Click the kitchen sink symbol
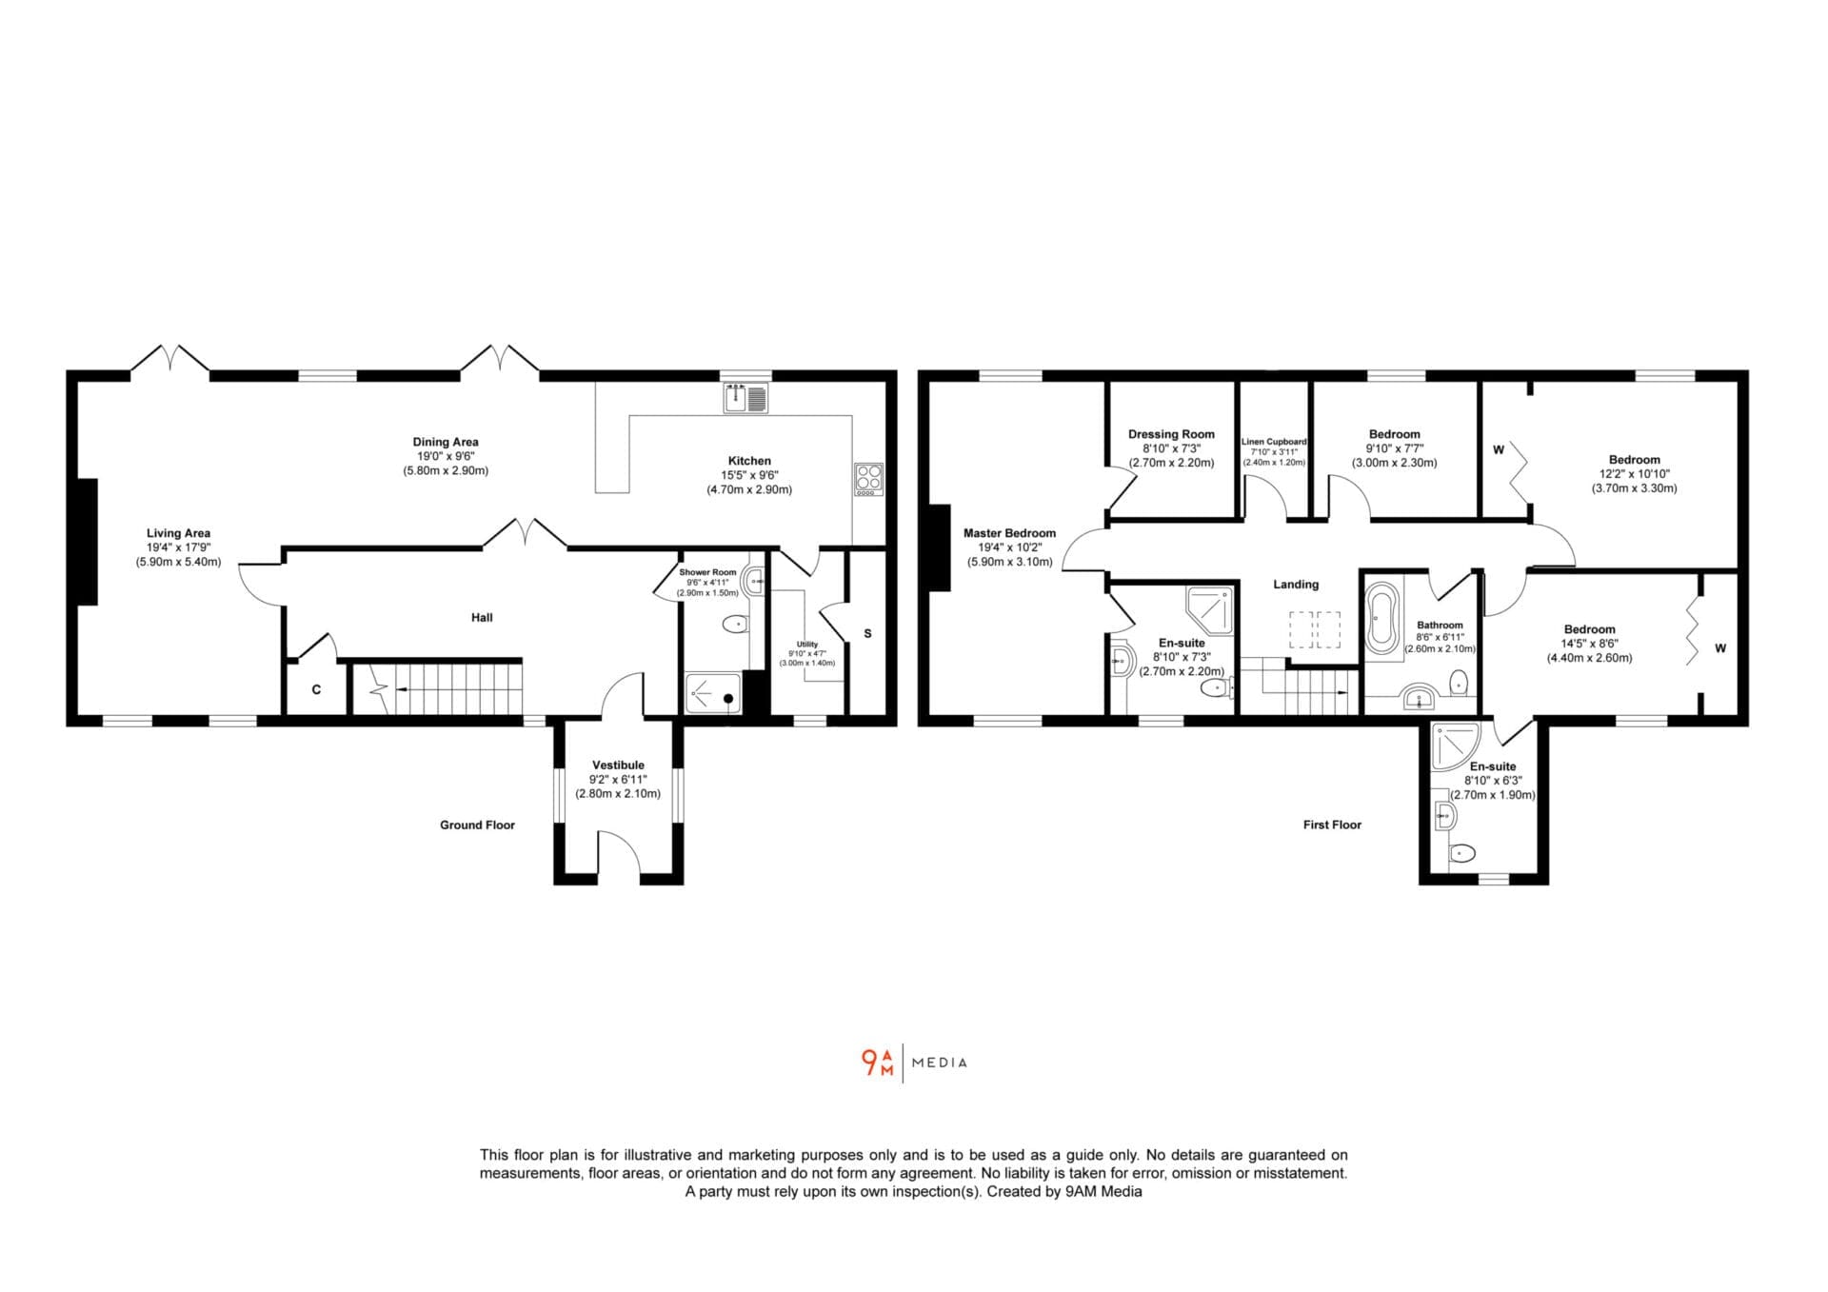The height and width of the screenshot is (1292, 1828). point(745,398)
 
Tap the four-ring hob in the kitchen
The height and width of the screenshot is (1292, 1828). point(868,479)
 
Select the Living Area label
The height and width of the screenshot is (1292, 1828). point(178,533)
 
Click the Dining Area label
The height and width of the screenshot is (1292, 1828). point(446,442)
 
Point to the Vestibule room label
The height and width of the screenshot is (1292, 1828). point(618,765)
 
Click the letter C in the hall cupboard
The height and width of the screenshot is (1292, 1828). point(316,689)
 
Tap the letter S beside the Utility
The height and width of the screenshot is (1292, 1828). point(867,633)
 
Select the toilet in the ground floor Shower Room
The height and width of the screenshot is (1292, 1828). point(735,625)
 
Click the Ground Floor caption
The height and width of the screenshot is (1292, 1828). point(477,825)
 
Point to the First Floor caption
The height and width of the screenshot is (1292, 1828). point(1332,825)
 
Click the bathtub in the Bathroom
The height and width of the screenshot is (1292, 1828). point(1381,619)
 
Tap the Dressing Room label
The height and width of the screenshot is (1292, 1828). point(1171,434)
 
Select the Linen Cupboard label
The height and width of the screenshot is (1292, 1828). point(1274,442)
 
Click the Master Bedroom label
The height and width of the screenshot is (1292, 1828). point(1009,533)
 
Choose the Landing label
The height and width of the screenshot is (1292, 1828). point(1296,585)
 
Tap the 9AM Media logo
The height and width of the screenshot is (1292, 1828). point(914,1063)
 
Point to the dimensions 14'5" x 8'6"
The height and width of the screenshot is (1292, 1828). point(1589,644)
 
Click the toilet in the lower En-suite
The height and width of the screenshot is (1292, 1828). point(1461,852)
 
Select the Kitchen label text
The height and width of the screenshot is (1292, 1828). point(749,461)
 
